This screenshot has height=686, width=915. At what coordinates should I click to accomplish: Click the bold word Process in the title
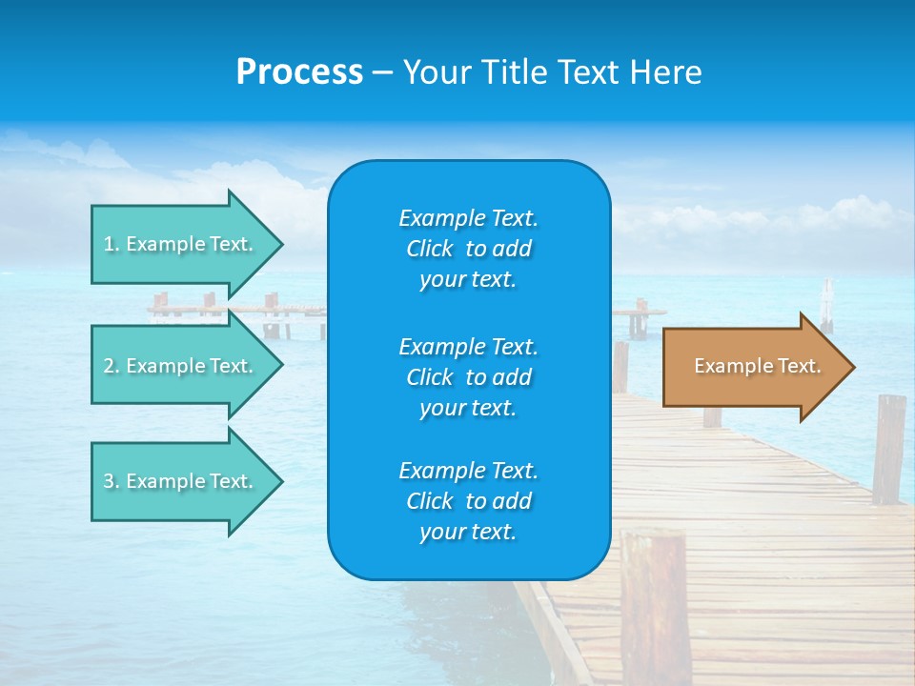coord(299,72)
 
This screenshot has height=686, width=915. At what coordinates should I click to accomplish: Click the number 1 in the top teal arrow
coord(109,244)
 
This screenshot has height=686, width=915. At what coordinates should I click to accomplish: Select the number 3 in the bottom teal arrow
coord(109,481)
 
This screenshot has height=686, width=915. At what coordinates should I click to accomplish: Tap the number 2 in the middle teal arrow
coord(109,366)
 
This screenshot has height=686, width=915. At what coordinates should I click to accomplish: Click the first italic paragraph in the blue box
coord(468,249)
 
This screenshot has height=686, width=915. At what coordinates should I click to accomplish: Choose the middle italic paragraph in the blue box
coord(468,377)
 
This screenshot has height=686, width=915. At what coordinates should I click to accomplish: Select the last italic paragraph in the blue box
coord(468,501)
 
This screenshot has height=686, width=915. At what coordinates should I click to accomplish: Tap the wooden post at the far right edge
coord(888,449)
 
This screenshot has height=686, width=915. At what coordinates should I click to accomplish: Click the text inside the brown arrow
coord(757,366)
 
